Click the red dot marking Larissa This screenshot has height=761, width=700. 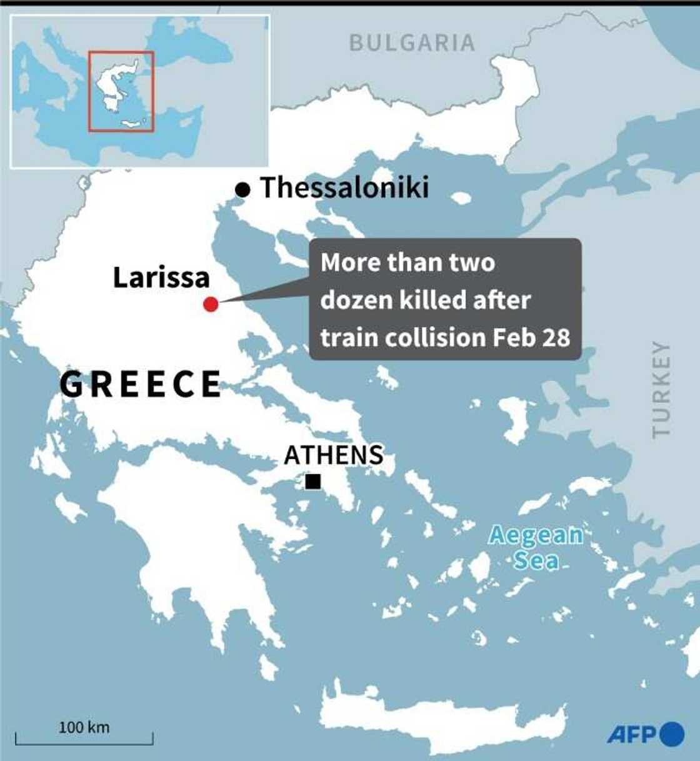pos(211,305)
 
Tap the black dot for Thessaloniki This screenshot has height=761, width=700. pos(242,189)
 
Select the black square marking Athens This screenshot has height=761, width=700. pos(313,481)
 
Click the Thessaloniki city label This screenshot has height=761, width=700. pos(344,188)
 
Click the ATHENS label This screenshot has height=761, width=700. pos(334,455)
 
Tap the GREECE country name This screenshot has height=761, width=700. pos(141,384)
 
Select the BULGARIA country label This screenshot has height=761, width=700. pos(412,43)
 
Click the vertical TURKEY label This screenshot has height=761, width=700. pos(661,389)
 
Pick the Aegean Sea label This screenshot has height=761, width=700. pos(535,548)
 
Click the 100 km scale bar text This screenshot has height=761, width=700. pos(84,727)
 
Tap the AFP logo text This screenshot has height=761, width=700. pos(631,734)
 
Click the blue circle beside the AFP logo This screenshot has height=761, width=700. pos(672,734)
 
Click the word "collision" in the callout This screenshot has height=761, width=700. pos(435,338)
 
